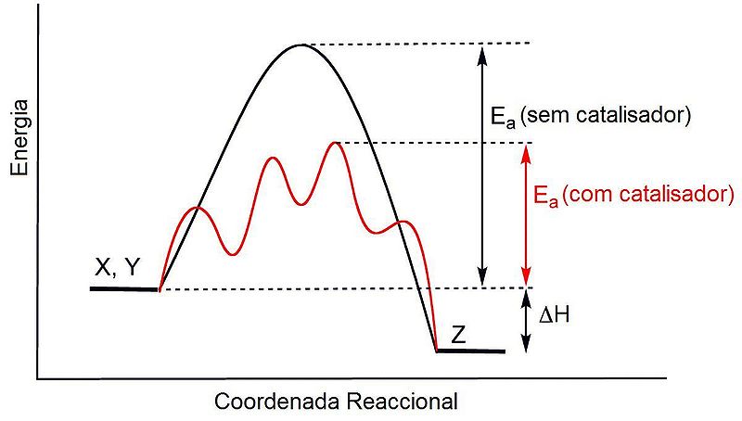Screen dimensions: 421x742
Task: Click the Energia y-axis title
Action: point(19,146)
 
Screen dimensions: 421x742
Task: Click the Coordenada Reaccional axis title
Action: point(336,402)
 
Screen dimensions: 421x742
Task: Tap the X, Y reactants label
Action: point(119,268)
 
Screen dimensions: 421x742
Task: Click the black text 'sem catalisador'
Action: point(607,117)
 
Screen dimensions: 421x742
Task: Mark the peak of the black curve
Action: point(299,45)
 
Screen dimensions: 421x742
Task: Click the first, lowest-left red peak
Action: point(196,208)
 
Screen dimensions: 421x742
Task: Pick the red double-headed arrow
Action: point(526,215)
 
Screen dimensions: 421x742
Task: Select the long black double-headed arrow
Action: point(480,165)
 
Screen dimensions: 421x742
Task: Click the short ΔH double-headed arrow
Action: point(526,321)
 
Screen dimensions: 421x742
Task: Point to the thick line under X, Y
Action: point(124,289)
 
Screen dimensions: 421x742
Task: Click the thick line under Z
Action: point(470,351)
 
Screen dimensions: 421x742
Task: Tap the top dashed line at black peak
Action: point(417,44)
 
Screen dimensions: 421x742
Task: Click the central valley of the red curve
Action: point(299,204)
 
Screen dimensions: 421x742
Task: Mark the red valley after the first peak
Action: point(230,252)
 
